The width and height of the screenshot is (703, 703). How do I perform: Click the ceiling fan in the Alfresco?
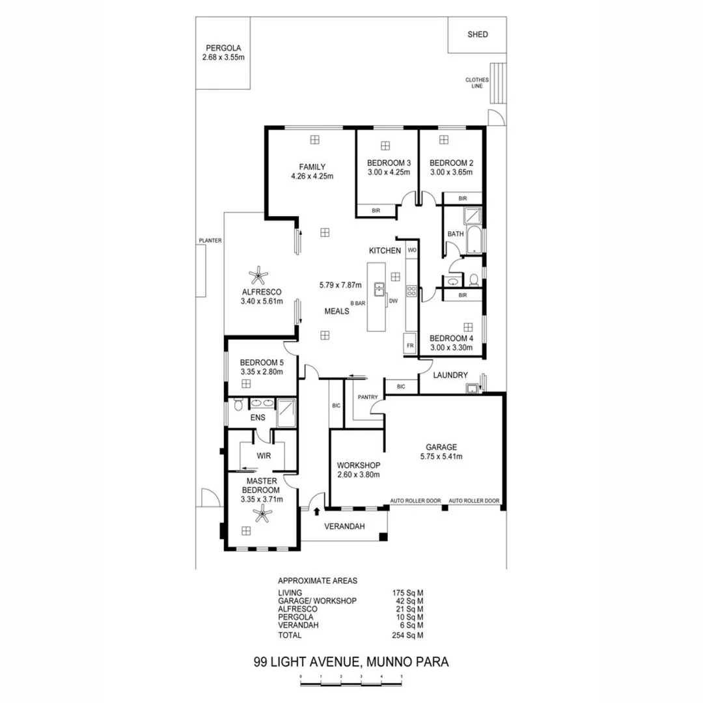[260, 274]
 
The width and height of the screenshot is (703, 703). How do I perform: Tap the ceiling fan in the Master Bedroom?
[263, 515]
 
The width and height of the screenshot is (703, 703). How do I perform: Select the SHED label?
[477, 34]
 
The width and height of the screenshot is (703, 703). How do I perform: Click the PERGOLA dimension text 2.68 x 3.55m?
[223, 58]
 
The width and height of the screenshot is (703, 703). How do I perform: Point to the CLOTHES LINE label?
[476, 83]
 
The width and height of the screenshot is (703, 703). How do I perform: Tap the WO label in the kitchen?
[411, 250]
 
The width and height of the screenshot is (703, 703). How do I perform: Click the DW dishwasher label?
[393, 301]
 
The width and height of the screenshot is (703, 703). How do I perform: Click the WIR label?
[264, 456]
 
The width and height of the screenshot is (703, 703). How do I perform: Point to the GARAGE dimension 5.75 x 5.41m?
[441, 456]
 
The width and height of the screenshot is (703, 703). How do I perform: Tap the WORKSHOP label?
[358, 465]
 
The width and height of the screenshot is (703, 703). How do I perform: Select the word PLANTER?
[210, 240]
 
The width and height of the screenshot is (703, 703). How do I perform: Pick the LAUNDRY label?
[450, 375]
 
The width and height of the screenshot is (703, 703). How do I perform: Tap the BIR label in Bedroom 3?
[376, 210]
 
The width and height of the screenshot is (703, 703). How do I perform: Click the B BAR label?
[357, 303]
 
